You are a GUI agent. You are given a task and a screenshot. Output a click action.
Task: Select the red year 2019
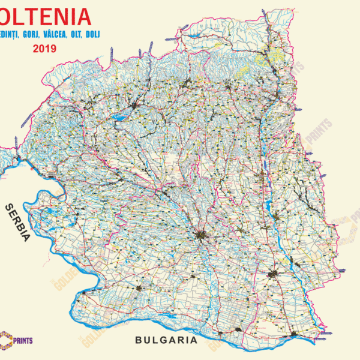click(x=45, y=49)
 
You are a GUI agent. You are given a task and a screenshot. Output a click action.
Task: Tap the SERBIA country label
click(x=17, y=221)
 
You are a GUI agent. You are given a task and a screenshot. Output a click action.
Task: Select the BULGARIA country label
click(x=166, y=340)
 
